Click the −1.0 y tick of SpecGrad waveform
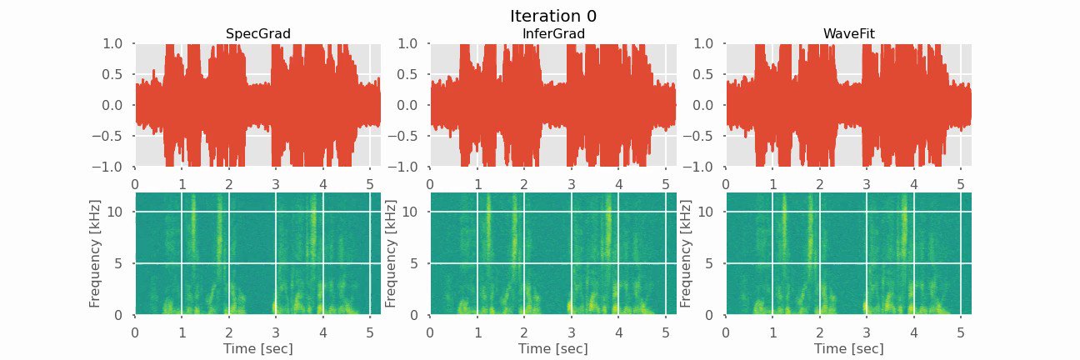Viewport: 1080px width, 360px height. point(110,167)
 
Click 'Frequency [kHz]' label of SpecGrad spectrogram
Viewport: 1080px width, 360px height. point(96,253)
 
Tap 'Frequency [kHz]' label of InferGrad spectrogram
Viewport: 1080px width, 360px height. point(391,253)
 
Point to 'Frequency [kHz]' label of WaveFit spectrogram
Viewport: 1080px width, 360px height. point(687,253)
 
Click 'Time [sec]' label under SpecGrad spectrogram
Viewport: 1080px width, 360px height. point(257,348)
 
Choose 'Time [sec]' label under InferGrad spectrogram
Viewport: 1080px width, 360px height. point(552,348)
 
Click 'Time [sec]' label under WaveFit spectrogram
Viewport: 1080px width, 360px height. point(848,348)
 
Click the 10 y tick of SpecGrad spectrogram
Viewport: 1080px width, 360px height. point(116,212)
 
